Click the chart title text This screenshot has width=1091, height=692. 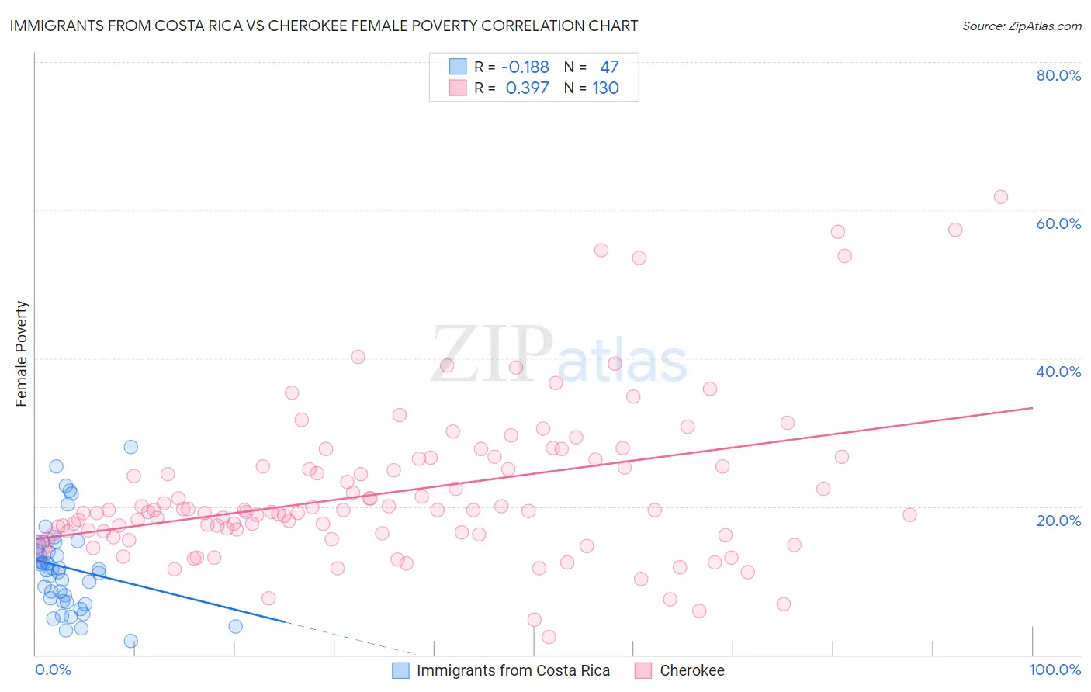324,26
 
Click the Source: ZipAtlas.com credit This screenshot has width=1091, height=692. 1021,26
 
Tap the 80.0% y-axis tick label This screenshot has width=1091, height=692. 1058,75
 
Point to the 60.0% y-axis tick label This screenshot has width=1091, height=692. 1058,223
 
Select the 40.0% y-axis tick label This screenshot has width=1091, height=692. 1058,372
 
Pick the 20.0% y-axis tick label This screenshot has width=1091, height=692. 1058,521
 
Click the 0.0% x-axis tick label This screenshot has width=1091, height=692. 53,670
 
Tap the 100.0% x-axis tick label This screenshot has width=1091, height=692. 1055,670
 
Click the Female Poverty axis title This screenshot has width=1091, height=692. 22,354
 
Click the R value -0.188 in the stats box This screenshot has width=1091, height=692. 525,67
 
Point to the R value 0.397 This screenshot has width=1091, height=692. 527,88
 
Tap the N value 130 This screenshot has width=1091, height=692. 605,88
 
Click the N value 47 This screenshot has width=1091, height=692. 609,67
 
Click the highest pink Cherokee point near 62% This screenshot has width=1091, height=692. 1001,197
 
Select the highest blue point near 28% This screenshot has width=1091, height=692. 131,447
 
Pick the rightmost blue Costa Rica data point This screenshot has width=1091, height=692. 236,626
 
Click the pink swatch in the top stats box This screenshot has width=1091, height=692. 458,88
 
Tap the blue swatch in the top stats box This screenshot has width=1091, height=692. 458,67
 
